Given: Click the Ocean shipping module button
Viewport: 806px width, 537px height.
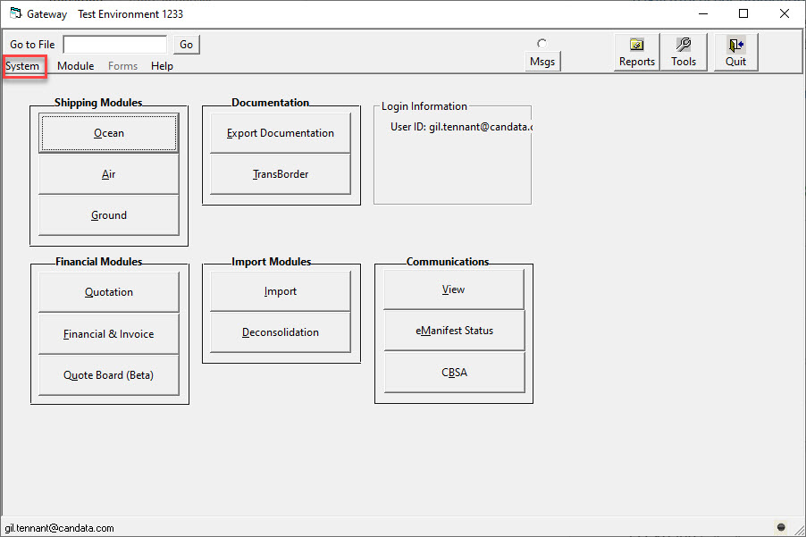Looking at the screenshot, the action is point(108,133).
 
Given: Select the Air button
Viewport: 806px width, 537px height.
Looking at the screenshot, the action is point(108,174).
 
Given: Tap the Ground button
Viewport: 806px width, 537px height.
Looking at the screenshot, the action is point(108,215).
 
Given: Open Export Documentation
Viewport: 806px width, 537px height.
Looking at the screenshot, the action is point(281,133).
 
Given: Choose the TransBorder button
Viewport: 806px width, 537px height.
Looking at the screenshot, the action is point(281,174).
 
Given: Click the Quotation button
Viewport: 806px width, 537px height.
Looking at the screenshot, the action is point(108,292).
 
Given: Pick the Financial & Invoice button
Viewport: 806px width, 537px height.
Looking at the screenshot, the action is point(108,334).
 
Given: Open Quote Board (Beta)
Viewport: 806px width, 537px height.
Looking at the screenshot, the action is point(108,375).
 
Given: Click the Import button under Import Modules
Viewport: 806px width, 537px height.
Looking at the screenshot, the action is point(281,291).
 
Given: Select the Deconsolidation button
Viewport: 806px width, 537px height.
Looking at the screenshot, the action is point(281,332).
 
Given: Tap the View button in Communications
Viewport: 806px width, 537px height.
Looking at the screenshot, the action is point(454,289).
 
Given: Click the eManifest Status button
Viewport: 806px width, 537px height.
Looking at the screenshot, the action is point(454,331).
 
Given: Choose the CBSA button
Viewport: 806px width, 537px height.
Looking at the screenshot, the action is point(454,373).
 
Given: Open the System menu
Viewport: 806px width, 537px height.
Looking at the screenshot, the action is point(22,66).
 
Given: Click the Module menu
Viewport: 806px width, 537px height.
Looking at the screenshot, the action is point(76,66).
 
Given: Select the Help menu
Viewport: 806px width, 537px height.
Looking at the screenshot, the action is point(162,66).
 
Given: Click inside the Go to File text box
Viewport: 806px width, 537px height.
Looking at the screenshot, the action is point(115,45).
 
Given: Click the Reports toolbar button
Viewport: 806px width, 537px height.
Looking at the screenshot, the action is point(637,53).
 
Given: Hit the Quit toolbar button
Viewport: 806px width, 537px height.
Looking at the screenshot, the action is point(735,53).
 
